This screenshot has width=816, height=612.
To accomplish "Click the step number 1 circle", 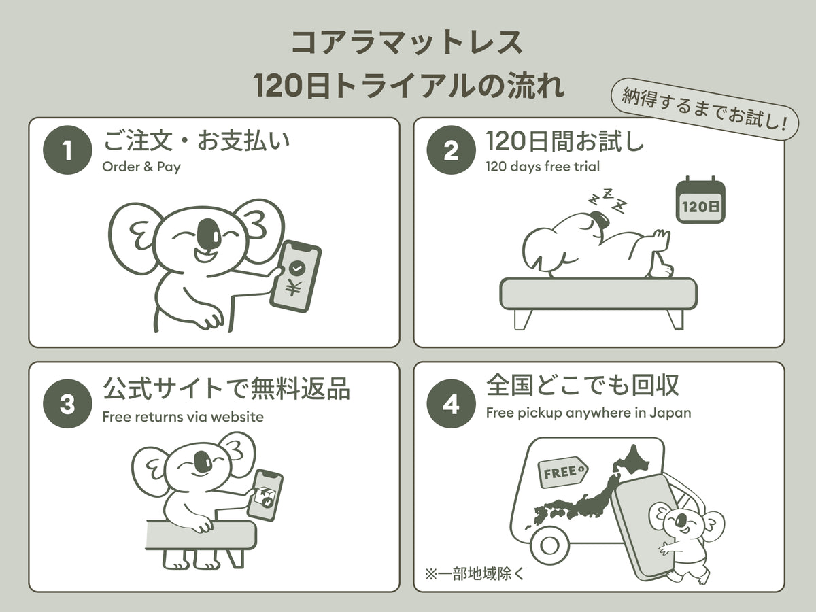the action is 67,150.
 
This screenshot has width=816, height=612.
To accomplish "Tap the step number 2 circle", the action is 451,150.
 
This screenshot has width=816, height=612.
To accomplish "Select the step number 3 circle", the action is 67,403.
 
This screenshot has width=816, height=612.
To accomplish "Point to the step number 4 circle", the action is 451,403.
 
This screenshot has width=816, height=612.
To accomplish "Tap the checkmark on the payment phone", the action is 296,268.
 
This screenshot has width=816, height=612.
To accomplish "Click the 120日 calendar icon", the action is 700,200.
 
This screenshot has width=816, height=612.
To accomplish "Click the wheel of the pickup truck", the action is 549,545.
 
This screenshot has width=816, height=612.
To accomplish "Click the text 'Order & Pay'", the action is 141,167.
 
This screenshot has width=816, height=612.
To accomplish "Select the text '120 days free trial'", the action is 543,167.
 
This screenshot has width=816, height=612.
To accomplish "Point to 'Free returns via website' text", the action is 183,417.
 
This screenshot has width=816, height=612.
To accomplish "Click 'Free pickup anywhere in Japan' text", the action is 588,413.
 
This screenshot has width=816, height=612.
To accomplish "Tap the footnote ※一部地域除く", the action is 475,574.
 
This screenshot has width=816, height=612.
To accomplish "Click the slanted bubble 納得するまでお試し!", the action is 705,109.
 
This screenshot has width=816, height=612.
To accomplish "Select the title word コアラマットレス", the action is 407,43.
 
